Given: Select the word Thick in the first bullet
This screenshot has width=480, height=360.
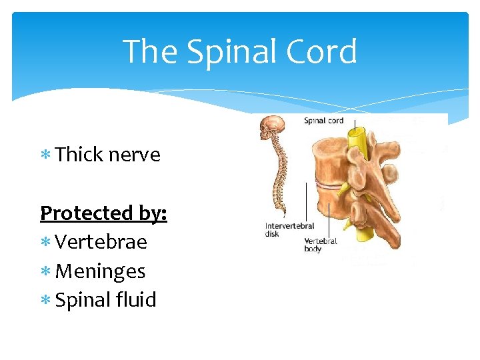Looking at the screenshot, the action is pos(79,155).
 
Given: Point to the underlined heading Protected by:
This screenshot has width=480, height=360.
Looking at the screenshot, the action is pos(103,213).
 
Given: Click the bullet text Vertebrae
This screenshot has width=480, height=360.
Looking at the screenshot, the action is pos(101,242).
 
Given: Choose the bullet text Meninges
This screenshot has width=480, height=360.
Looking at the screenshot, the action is pos(100,271).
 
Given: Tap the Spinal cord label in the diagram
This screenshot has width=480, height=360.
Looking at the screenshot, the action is pos(324,121).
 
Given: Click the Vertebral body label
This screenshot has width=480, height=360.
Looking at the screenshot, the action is pos(320,245).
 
